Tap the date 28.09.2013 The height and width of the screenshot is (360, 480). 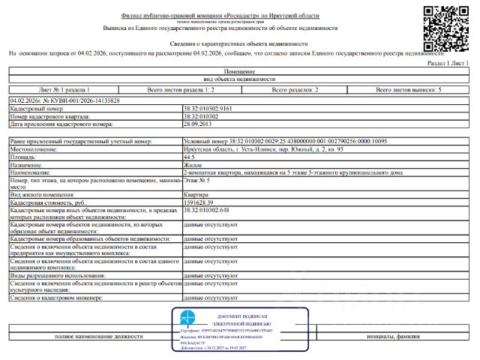[x=196, y=124]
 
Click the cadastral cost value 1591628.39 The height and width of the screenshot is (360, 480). [x=203, y=202]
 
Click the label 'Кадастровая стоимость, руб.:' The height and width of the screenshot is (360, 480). [x=49, y=202]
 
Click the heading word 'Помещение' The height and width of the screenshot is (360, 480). [x=239, y=70]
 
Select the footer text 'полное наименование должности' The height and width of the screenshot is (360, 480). [x=99, y=337]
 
